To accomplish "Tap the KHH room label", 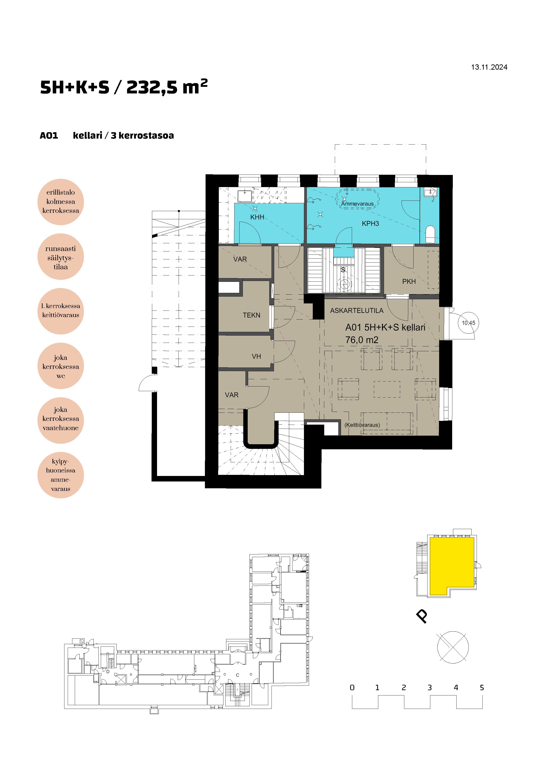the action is [x=257, y=217].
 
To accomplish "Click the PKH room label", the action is [x=409, y=281].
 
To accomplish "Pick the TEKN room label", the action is [x=251, y=315].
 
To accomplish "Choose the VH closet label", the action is [x=256, y=356].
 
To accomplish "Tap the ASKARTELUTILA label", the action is [x=357, y=310].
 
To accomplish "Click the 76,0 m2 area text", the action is [x=362, y=340].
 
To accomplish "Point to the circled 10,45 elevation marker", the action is [x=468, y=323].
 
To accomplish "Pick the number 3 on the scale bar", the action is [x=430, y=688].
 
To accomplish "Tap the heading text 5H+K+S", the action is [x=75, y=87].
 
